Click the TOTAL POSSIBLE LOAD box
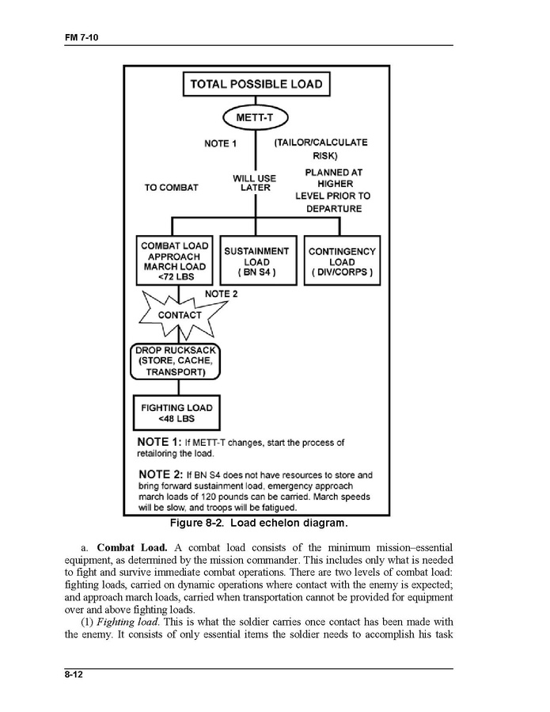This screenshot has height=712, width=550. point(256,84)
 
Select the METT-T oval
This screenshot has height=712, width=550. point(256,118)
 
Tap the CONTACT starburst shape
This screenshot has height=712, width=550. point(179,314)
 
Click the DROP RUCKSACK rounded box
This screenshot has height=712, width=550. point(175,361)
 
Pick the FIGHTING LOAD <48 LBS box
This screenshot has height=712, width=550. point(176,413)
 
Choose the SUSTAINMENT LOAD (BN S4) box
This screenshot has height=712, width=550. point(256,261)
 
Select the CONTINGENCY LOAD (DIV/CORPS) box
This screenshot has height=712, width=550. point(342,261)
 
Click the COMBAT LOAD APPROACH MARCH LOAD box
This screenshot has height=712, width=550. point(174,261)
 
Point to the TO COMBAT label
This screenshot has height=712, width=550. point(172,188)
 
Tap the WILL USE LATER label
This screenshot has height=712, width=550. point(256,183)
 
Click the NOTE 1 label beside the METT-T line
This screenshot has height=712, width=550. point(221,143)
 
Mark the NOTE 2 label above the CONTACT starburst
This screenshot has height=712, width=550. point(222,294)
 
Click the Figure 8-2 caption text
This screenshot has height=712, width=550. point(259,524)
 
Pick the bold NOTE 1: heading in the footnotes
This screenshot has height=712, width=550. point(161,442)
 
